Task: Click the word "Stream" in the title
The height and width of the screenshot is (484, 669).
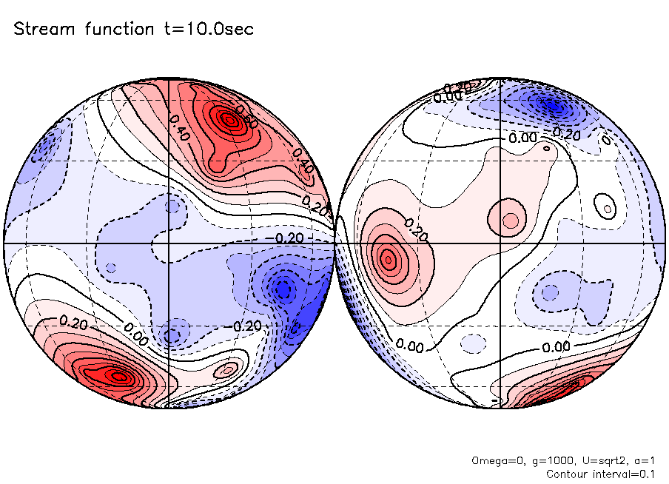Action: pos(45,30)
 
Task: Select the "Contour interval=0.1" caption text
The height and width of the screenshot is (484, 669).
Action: pos(600,473)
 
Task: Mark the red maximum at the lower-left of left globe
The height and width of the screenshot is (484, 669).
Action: pos(115,375)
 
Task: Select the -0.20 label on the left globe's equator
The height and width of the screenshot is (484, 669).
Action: pos(289,238)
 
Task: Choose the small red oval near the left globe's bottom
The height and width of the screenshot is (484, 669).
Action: pos(228,368)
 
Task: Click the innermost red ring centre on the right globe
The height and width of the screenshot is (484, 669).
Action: pos(388,258)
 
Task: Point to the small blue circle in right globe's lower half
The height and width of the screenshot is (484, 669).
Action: pos(550,292)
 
